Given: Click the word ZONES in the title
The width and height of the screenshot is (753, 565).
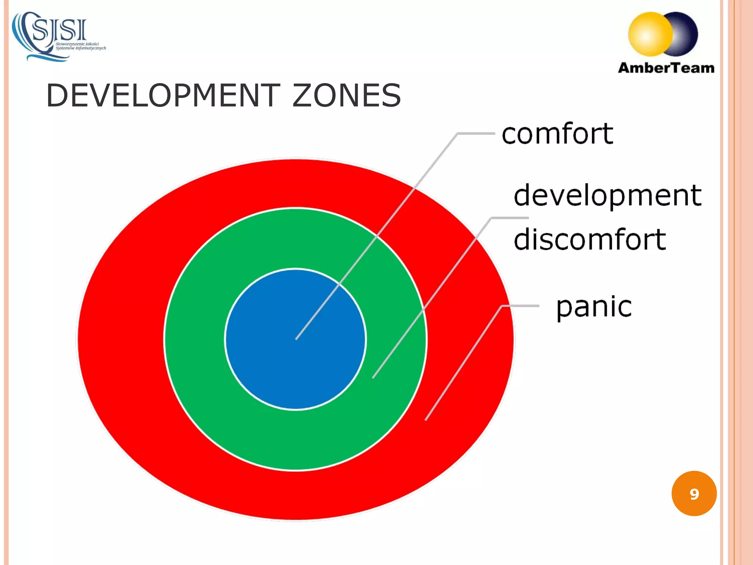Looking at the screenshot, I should [x=346, y=96].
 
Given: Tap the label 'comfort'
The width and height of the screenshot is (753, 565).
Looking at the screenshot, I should [x=557, y=134].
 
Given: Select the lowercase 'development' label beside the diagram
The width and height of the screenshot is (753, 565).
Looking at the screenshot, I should [x=607, y=195].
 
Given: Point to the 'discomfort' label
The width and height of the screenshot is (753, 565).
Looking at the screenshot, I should [x=590, y=239].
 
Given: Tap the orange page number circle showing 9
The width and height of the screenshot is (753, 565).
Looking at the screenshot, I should [x=694, y=494].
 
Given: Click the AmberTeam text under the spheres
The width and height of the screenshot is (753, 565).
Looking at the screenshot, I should [x=666, y=68].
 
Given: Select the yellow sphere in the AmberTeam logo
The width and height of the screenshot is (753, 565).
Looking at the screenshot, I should [x=649, y=34].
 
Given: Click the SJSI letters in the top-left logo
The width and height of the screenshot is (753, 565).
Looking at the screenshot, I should [x=60, y=30].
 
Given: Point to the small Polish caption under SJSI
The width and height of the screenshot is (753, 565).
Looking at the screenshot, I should [x=80, y=46].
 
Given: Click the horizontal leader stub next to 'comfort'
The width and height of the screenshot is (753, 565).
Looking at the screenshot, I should [x=477, y=134].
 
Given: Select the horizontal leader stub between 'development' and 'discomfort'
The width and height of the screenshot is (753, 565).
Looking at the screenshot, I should [x=510, y=218].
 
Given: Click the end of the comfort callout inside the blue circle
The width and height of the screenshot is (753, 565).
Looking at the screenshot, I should [x=296, y=338].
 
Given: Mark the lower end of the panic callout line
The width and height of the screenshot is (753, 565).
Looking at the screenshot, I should [x=426, y=419].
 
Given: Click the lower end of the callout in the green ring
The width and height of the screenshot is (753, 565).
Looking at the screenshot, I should [x=373, y=377].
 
